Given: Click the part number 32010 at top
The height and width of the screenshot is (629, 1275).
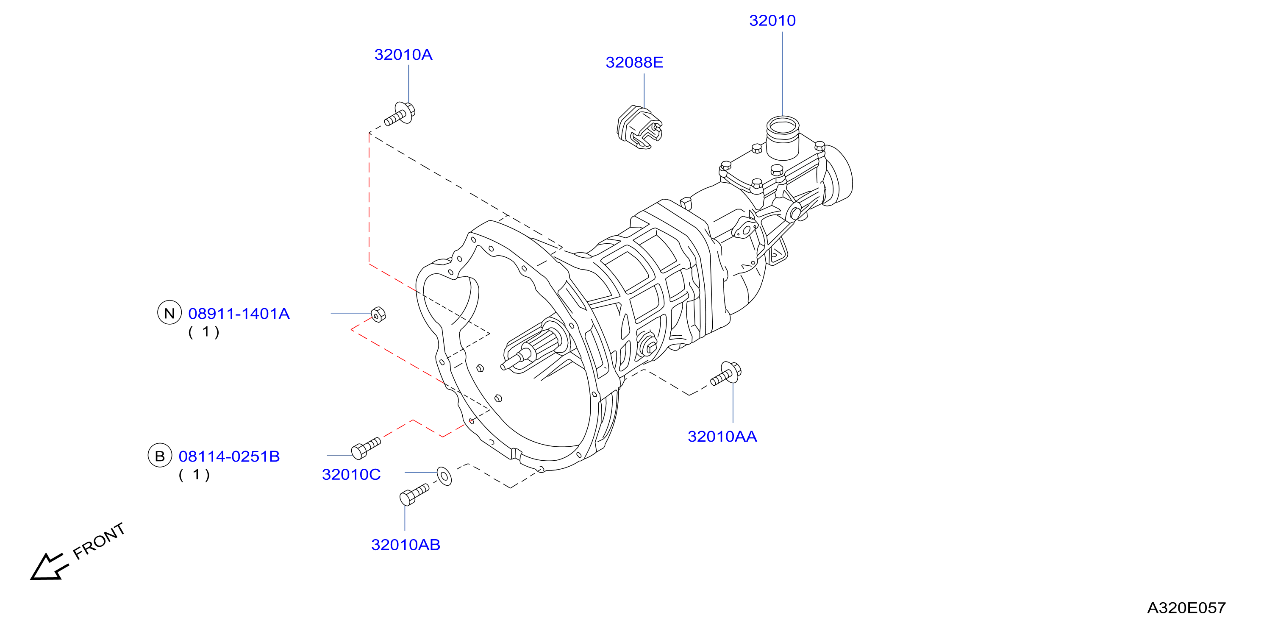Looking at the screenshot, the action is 772,21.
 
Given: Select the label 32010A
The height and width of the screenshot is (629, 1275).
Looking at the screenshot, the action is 403,55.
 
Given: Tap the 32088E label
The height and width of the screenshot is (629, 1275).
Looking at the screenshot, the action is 634,62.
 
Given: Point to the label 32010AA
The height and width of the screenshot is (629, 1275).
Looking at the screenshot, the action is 722,436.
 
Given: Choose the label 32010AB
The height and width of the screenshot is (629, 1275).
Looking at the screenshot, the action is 406,545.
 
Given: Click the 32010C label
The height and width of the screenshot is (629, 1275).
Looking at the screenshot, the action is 351,474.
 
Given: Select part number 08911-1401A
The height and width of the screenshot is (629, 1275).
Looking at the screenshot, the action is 239,314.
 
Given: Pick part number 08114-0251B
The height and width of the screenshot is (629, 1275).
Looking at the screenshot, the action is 229,456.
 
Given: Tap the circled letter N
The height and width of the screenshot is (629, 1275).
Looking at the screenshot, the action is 169,313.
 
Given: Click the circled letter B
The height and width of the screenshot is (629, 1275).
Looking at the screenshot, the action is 160,456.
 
